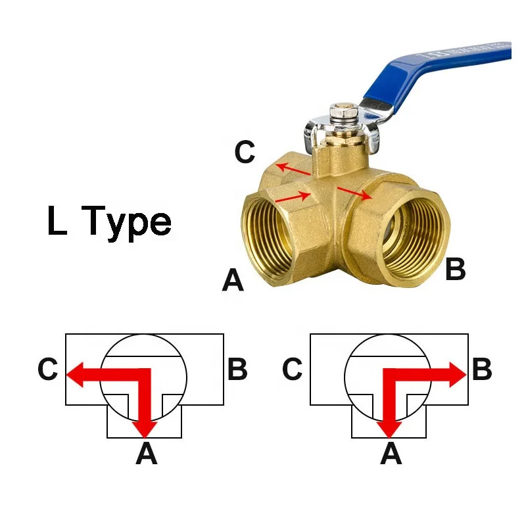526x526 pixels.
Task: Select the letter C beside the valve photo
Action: click(x=245, y=152)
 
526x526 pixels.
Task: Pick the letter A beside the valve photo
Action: click(x=233, y=281)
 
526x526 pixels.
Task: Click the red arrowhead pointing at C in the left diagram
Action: click(x=76, y=372)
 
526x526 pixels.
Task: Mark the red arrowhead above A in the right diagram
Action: click(x=391, y=427)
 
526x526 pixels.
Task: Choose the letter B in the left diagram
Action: click(x=237, y=370)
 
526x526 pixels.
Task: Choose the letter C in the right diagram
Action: click(x=293, y=370)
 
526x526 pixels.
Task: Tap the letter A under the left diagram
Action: click(x=146, y=454)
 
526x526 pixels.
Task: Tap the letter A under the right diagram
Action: click(x=391, y=454)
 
